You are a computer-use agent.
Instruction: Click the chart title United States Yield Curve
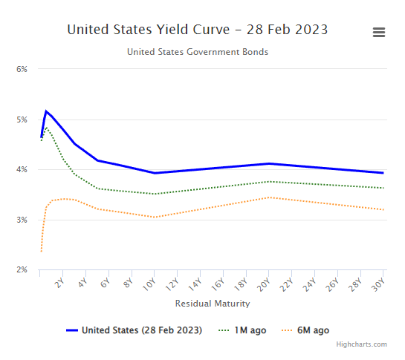click(x=197, y=30)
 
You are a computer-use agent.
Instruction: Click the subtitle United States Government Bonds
click(x=197, y=52)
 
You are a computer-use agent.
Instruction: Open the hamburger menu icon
click(x=379, y=32)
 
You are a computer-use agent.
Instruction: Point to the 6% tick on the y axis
click(x=22, y=69)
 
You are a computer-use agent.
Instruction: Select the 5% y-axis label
click(x=22, y=120)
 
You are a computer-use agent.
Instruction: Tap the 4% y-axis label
click(x=22, y=169)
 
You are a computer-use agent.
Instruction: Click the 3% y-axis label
click(x=22, y=220)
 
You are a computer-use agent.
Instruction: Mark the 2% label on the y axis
click(x=22, y=270)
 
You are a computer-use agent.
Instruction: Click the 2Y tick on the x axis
click(x=60, y=282)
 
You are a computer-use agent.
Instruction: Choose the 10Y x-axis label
click(x=151, y=283)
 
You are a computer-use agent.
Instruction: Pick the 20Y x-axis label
click(x=265, y=283)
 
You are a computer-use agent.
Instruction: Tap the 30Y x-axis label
click(x=379, y=283)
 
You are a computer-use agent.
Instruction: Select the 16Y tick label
click(x=219, y=283)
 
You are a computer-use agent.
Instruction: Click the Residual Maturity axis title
click(x=213, y=304)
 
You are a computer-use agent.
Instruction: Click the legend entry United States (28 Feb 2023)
click(x=141, y=330)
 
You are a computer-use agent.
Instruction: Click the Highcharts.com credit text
click(x=362, y=344)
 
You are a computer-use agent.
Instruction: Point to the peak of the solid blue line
click(x=46, y=111)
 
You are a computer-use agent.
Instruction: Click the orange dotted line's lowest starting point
click(x=41, y=252)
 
